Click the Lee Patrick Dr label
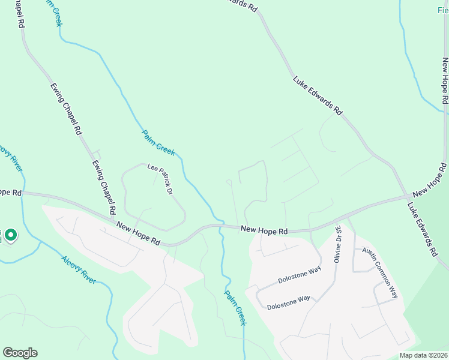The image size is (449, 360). [160, 179]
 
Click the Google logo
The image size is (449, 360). [20, 353]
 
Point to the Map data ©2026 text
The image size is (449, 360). [423, 355]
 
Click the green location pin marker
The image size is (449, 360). [11, 236]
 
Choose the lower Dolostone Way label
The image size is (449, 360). [289, 301]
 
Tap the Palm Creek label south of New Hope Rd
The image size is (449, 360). [236, 307]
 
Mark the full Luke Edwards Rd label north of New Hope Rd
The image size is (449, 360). [318, 95]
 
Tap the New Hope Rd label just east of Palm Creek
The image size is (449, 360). [264, 230]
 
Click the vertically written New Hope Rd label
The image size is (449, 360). [445, 82]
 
